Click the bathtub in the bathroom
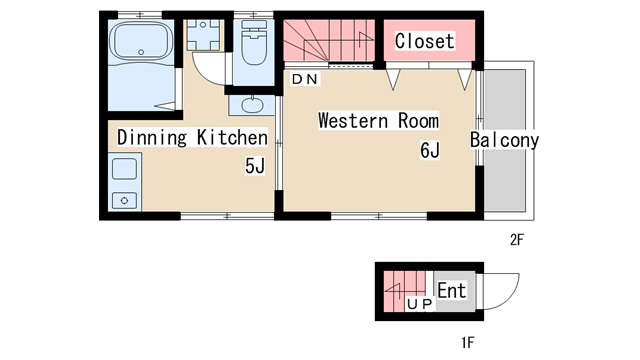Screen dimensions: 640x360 point(141,41)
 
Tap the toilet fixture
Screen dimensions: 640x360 point(254,42)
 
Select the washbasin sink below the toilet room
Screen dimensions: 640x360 point(252,105)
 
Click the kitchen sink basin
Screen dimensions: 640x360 point(124,169)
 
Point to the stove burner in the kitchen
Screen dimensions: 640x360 point(124,201)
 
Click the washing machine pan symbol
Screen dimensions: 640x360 point(203,35)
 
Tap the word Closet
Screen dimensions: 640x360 point(424,41)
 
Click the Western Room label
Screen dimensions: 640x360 point(378,121)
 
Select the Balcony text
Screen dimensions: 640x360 point(504,140)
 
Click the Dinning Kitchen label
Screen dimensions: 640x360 point(192,137)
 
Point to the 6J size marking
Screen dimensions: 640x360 point(430,150)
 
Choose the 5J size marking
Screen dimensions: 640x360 point(255,166)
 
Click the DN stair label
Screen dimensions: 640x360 point(305,79)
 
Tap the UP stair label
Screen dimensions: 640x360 point(420,304)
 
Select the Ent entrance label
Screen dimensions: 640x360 point(451,291)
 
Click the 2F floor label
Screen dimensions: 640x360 point(516,240)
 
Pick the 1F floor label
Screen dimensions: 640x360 point(468,342)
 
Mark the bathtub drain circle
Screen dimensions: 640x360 point(141,52)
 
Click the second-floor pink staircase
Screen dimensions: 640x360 point(329,41)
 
